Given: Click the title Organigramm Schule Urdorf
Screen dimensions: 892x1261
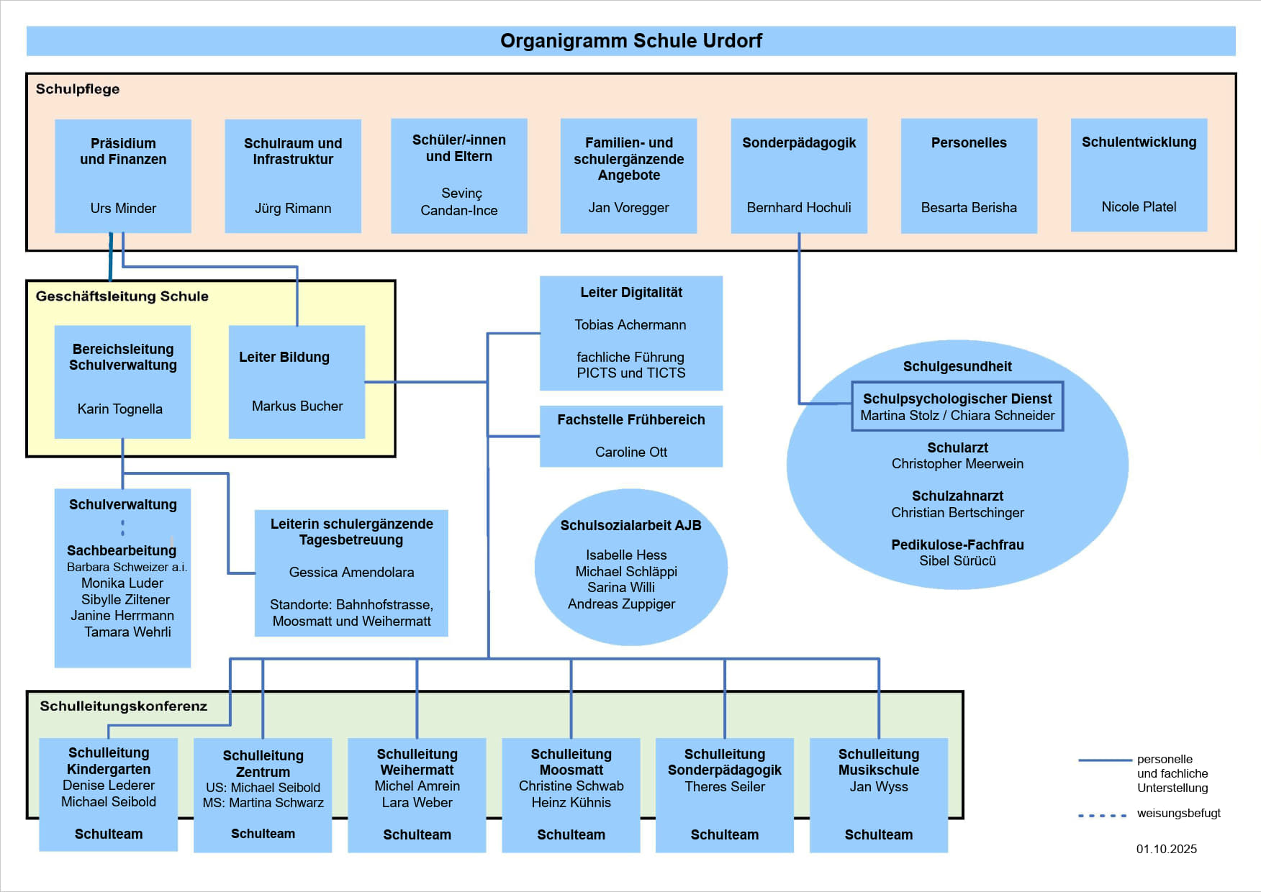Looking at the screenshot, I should [x=630, y=41].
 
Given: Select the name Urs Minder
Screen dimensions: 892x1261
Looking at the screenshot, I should [x=123, y=209].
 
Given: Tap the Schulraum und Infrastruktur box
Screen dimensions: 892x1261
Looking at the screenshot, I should [x=293, y=176].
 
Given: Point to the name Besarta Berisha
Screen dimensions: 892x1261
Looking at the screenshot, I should [x=969, y=208].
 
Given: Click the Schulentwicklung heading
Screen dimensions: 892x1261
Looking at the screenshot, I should [x=1139, y=142].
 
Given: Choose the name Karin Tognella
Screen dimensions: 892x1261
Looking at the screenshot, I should [x=120, y=409].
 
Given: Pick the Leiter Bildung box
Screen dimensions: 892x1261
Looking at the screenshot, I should [x=297, y=381].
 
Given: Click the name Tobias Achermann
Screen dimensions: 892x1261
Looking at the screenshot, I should [x=630, y=325].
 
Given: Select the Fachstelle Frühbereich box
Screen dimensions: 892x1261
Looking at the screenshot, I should [x=631, y=436].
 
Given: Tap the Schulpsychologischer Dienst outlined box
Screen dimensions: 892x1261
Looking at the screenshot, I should [x=957, y=406].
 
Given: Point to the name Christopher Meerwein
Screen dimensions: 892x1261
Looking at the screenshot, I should [x=957, y=464].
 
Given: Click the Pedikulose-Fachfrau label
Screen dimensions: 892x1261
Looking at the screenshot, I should [x=957, y=545].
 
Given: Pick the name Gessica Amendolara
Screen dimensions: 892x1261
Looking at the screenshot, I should [x=351, y=573].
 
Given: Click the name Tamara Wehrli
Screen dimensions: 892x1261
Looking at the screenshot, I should [x=127, y=632].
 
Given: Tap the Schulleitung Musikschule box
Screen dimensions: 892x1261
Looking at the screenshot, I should [x=879, y=794].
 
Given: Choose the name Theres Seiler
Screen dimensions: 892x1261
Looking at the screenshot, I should [x=725, y=787].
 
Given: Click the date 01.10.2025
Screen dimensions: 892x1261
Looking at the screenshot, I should [x=1167, y=850].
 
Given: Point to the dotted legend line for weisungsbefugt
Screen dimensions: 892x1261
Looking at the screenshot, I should [x=1102, y=816].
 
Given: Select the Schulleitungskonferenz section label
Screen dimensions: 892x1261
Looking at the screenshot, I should [x=124, y=706].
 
